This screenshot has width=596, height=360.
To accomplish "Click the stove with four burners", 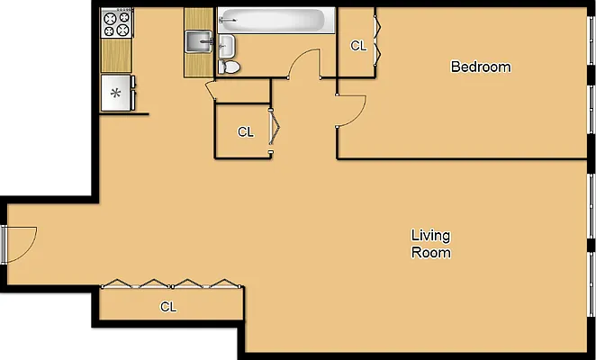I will pos(116,23).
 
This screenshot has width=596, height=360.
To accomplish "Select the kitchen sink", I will pos(198,41).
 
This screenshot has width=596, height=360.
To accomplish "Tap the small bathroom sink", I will pos(226,46).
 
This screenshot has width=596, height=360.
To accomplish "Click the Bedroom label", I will pos(480,67).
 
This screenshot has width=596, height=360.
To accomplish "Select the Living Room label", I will pos(430,244).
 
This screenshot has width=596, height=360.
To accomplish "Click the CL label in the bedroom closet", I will pos(358,46).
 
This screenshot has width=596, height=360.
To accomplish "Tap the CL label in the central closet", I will pos(245,131).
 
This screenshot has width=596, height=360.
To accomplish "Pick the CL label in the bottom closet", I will pos(168,306).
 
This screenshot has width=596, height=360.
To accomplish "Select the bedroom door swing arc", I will pos(352,112).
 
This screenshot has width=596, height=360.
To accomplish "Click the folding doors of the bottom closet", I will pos(171,284).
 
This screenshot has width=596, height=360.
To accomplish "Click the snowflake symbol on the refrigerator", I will pos(114,92).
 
